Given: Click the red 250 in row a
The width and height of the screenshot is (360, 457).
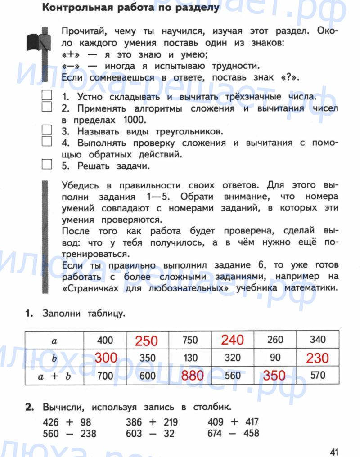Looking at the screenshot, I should click(147, 341).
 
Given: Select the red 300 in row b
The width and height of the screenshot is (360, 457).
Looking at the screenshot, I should click(106, 358).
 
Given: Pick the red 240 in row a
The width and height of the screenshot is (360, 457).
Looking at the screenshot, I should click(232, 340).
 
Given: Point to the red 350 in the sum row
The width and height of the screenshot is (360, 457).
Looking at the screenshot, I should click(274, 376).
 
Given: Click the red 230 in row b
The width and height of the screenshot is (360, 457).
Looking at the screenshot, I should click(317, 358).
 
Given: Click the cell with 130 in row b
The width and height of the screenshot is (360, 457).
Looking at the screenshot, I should click(190, 358).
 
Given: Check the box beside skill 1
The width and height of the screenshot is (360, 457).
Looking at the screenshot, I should click(47, 95).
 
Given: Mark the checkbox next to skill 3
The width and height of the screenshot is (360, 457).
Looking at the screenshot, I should click(47, 130).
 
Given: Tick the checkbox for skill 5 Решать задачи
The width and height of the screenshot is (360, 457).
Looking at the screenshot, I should click(47, 165).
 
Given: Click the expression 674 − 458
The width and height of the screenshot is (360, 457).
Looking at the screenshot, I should click(233, 434).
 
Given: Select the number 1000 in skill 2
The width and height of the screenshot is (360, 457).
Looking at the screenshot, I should click(134, 120).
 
